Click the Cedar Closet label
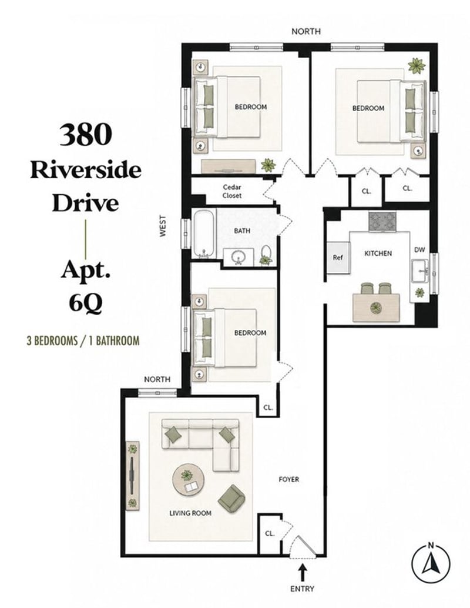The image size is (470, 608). pyautogui.click(x=231, y=192)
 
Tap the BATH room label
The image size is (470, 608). pyautogui.click(x=242, y=230)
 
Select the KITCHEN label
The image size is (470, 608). pyautogui.click(x=378, y=253)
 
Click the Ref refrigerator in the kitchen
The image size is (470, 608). pyautogui.click(x=338, y=257)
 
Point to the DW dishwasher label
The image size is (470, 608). pyautogui.click(x=419, y=250)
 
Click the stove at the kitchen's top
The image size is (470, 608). pyautogui.click(x=382, y=222)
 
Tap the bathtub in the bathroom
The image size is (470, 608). pyautogui.click(x=204, y=234)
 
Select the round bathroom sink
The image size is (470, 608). pyautogui.click(x=237, y=257)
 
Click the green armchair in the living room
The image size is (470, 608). pyautogui.click(x=231, y=497)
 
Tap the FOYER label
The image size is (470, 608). pyautogui.click(x=289, y=480)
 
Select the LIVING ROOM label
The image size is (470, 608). pyautogui.click(x=190, y=513)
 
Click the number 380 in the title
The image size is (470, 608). pyautogui.click(x=86, y=134)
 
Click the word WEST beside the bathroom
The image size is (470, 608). pyautogui.click(x=163, y=226)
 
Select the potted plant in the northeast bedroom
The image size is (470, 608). pyautogui.click(x=417, y=66)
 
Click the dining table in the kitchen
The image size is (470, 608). pyautogui.click(x=376, y=308)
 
